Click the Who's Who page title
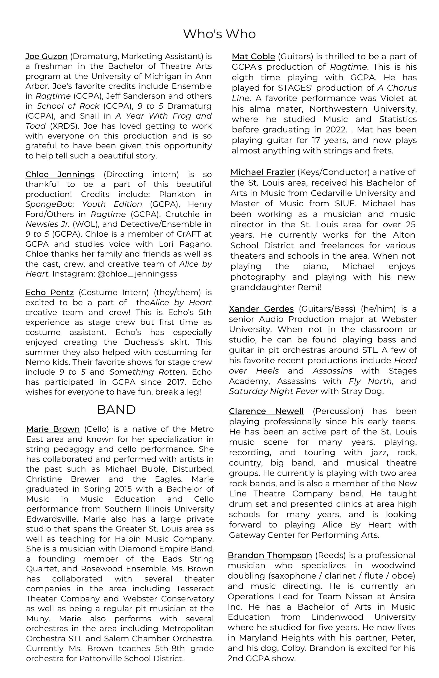[x=219, y=34]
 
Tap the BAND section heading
[x=116, y=410]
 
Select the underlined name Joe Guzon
[x=47, y=56]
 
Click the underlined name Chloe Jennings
[x=60, y=174]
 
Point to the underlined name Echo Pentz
[x=49, y=292]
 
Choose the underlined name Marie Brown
[x=53, y=429]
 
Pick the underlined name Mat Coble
[x=253, y=57]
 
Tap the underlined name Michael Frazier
[x=262, y=172]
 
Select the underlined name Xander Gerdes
[x=261, y=309]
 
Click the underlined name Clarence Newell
[x=266, y=411]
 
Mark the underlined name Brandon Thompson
[x=270, y=555]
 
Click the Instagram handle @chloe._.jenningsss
[x=137, y=274]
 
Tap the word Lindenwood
[x=337, y=617]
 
